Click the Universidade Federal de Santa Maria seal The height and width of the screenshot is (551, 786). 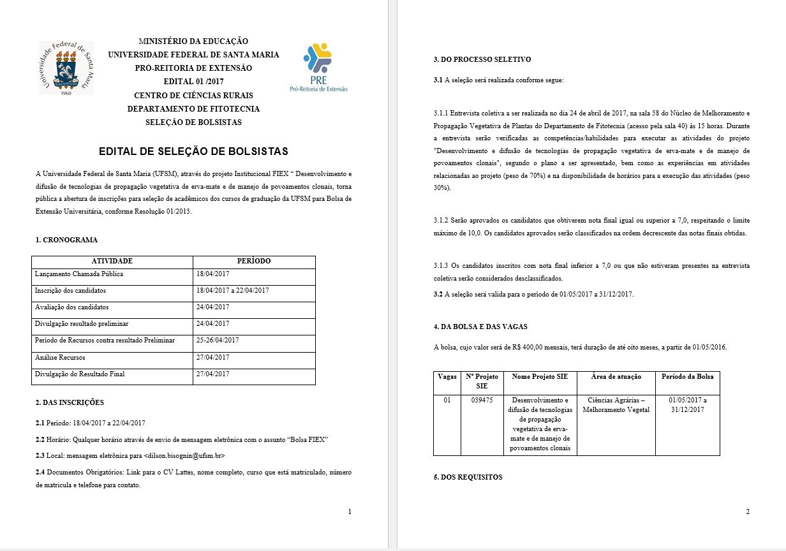pos(66,68)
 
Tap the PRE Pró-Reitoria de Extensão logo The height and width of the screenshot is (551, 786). pos(318,68)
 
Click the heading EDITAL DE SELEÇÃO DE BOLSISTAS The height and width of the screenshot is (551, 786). pos(193,152)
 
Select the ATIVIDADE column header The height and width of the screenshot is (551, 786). pos(112,261)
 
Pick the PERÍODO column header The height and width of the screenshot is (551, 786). pos(254,261)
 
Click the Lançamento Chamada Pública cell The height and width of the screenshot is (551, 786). pos(79,274)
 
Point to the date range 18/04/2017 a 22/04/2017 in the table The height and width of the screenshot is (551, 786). pos(232,291)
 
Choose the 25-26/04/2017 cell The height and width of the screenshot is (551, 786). pos(218,341)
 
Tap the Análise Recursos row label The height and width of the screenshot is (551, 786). pos(60,357)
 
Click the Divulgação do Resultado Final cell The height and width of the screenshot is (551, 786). pos(80,374)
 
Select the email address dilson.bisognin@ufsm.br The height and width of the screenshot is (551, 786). pos(185,456)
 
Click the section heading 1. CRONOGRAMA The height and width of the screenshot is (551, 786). pos(67,240)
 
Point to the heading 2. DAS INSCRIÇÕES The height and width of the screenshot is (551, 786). pos(70,403)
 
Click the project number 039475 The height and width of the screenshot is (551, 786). pos(482,400)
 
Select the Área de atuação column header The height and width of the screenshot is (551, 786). pos(616,377)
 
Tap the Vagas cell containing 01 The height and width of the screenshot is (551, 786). pos(447,400)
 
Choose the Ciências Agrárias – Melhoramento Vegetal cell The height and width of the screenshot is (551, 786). pos(616,405)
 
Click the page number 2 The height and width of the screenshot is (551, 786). pos(747,511)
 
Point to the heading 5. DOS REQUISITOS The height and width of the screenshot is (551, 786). pos(468,478)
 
